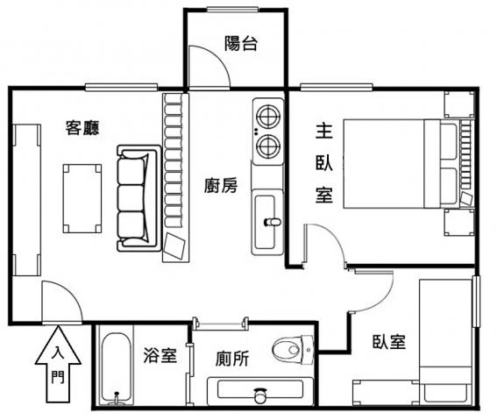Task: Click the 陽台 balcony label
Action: [241, 44]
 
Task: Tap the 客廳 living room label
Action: [82, 128]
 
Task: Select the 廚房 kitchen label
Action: [221, 185]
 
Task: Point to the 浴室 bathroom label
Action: [160, 355]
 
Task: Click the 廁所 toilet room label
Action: [232, 359]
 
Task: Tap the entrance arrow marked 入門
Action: [58, 365]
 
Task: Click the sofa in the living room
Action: [138, 198]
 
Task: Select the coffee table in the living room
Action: [82, 198]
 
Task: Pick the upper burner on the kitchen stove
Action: [268, 117]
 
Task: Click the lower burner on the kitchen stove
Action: [268, 146]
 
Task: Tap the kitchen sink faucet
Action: [273, 222]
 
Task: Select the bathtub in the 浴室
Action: [117, 368]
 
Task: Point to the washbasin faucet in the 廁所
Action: [260, 395]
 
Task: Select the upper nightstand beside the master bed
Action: [459, 104]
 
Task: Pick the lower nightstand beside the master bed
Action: [459, 222]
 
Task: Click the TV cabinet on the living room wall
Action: [26, 200]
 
